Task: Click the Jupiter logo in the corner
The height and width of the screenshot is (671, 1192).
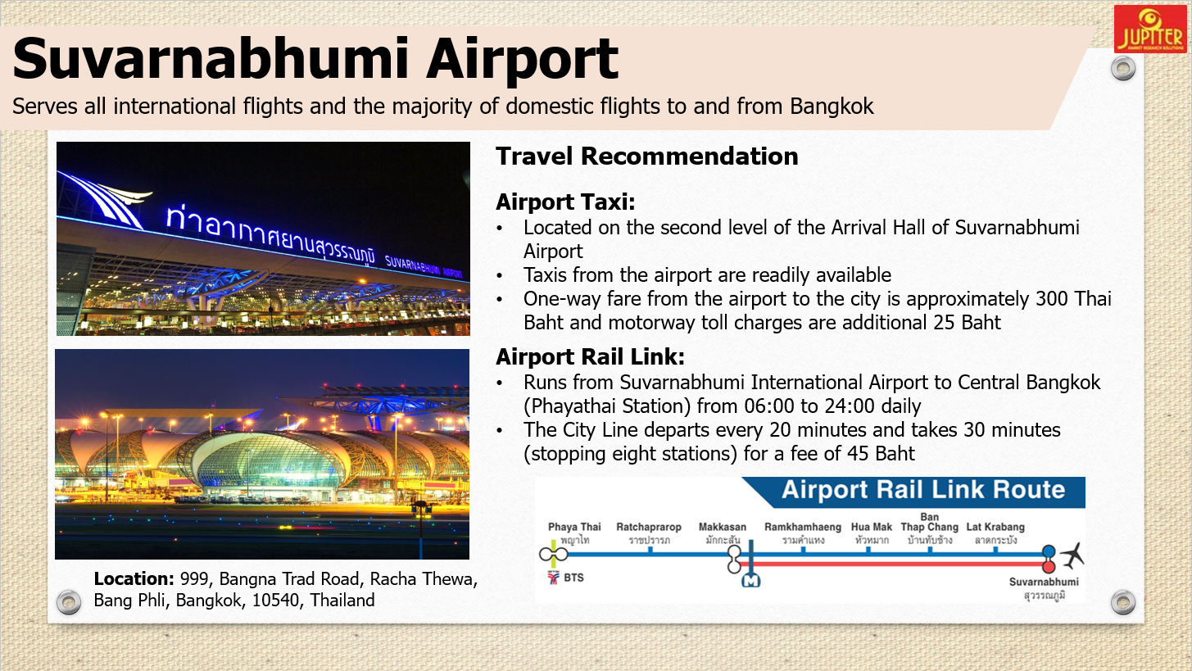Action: [1150, 29]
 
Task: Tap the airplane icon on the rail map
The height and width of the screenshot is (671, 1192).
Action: [1072, 556]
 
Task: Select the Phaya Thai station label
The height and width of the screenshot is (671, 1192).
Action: [574, 527]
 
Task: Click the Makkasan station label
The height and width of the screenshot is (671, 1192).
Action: [722, 527]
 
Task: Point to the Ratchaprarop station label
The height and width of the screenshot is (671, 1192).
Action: [649, 527]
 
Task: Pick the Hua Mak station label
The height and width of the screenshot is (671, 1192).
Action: [871, 527]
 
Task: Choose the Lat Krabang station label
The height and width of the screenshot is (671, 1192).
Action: [995, 527]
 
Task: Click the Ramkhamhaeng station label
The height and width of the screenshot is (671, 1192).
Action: [803, 527]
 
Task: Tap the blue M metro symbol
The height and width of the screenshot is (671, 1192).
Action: [751, 581]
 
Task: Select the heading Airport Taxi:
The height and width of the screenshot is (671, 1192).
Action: [565, 202]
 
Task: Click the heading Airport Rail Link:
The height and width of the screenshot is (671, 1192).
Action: [590, 356]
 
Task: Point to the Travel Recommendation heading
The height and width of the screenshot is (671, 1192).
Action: [647, 156]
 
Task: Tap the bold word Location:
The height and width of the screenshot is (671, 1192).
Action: [134, 578]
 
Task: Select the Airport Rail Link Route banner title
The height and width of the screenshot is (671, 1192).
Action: [923, 490]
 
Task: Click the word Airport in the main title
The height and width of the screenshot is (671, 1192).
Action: [522, 60]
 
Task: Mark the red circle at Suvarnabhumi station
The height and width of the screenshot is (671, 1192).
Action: [1049, 566]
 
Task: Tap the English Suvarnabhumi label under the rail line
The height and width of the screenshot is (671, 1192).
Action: [1044, 582]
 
